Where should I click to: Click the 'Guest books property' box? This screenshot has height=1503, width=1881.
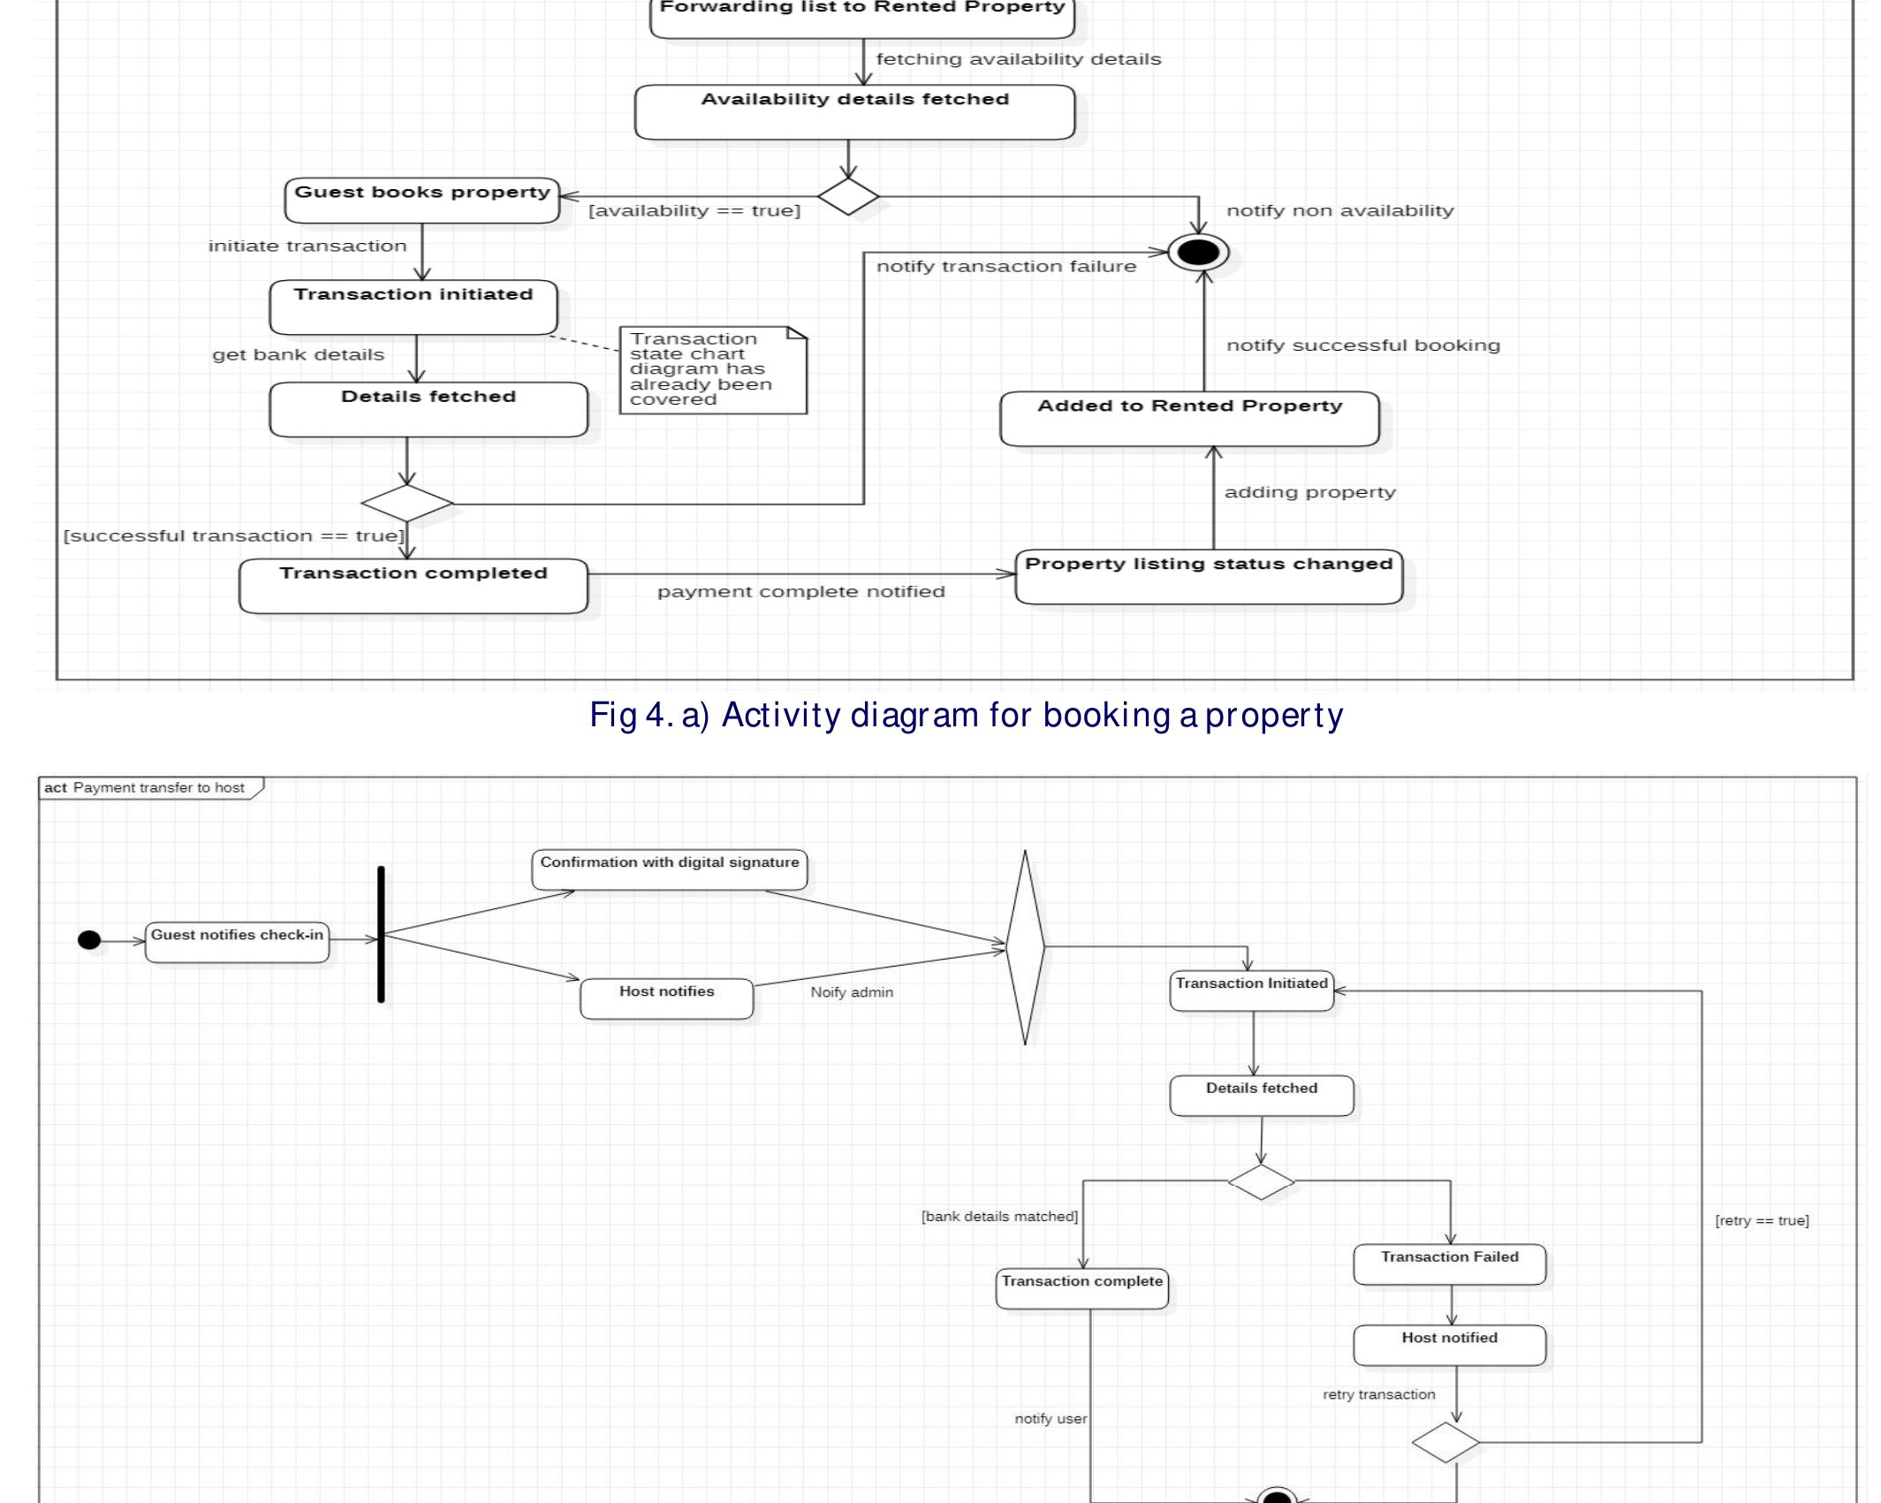pyautogui.click(x=421, y=201)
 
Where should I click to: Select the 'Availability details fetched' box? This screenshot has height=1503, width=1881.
pyautogui.click(x=854, y=112)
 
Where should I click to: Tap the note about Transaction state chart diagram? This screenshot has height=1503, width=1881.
pyautogui.click(x=712, y=370)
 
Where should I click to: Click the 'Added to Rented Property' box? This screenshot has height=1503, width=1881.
pyautogui.click(x=1189, y=419)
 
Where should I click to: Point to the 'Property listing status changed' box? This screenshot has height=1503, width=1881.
pyautogui.click(x=1208, y=577)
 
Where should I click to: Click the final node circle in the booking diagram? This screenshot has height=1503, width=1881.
pyautogui.click(x=1198, y=253)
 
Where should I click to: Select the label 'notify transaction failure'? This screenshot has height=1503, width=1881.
pyautogui.click(x=1005, y=267)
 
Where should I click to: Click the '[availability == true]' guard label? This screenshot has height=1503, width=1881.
pyautogui.click(x=694, y=211)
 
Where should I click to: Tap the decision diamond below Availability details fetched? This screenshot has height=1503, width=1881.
pyautogui.click(x=847, y=196)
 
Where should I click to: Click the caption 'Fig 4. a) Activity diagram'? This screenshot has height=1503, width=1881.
pyautogui.click(x=966, y=715)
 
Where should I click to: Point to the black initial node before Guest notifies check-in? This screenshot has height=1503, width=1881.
pyautogui.click(x=89, y=939)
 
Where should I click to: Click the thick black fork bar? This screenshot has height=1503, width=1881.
pyautogui.click(x=381, y=934)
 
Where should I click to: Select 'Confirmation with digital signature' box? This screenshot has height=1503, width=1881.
pyautogui.click(x=669, y=869)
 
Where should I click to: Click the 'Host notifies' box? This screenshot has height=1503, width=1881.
pyautogui.click(x=666, y=998)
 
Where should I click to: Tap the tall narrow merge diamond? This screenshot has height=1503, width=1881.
pyautogui.click(x=1025, y=947)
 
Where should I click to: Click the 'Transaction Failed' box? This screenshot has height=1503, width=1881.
pyautogui.click(x=1449, y=1264)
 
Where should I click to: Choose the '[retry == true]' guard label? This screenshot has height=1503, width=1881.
pyautogui.click(x=1761, y=1221)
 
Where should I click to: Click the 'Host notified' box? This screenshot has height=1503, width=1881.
pyautogui.click(x=1449, y=1345)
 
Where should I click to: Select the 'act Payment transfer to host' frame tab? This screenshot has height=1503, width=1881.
pyautogui.click(x=150, y=788)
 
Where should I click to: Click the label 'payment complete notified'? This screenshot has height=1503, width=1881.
pyautogui.click(x=800, y=592)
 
